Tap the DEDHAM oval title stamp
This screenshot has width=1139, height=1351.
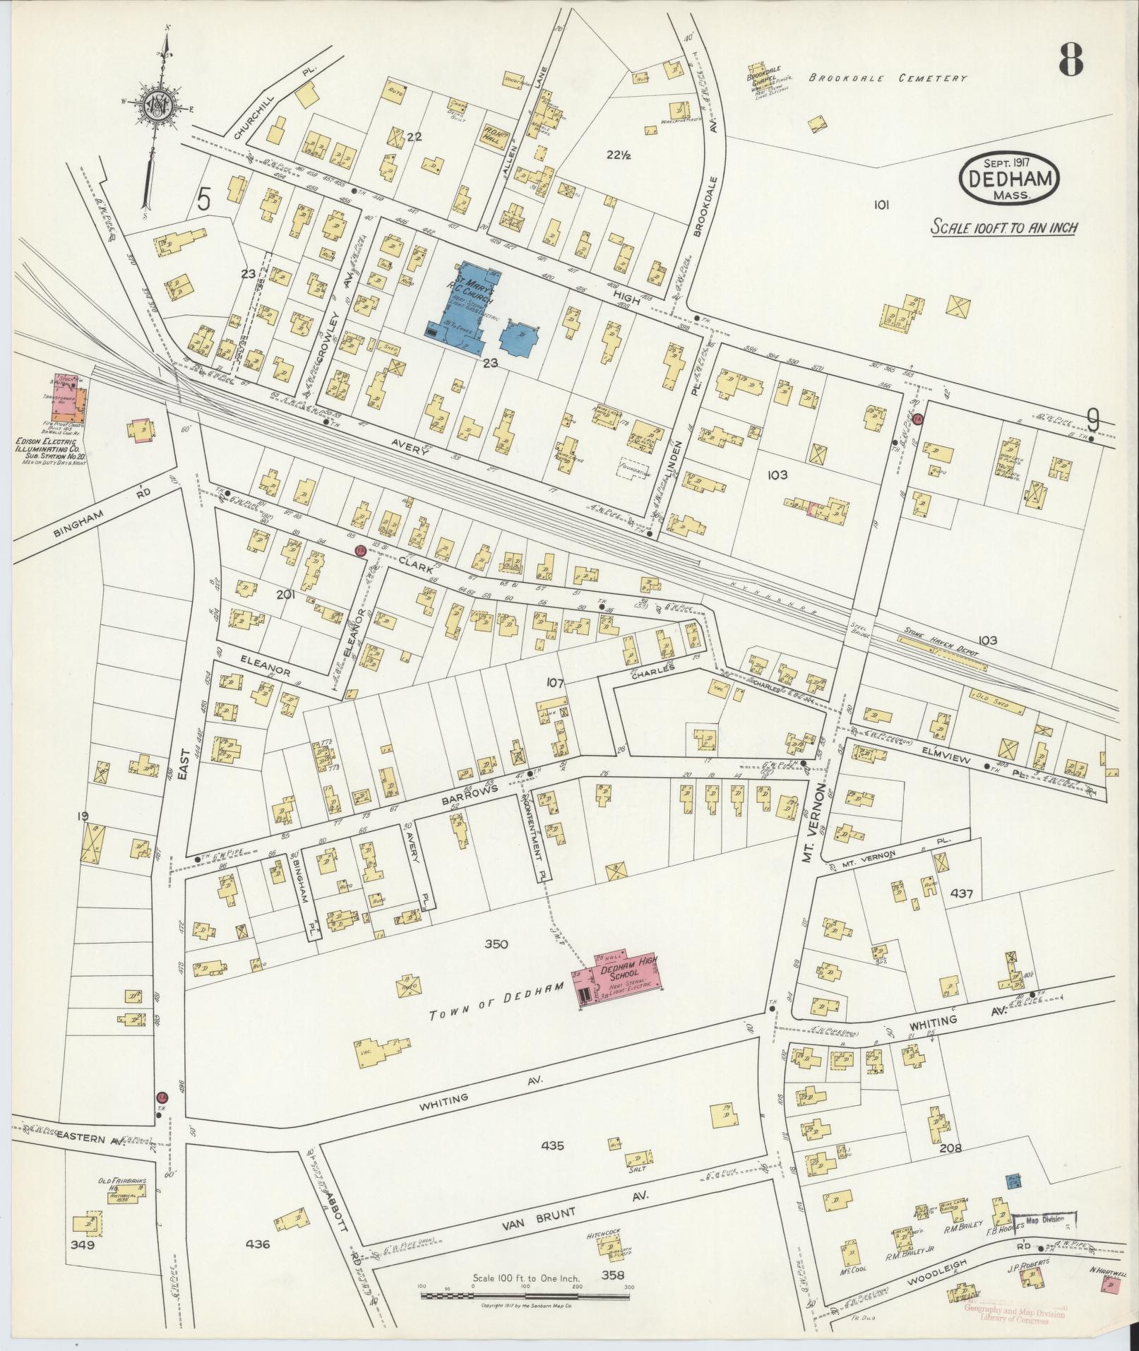tap(1009, 181)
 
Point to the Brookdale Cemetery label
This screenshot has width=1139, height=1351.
tap(887, 79)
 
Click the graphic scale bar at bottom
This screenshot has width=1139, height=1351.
tap(525, 1296)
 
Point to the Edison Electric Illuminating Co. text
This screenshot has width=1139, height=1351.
tap(52, 446)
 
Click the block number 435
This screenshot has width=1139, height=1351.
tap(551, 1145)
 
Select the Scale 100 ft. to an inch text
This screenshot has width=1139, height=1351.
tap(1003, 228)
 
